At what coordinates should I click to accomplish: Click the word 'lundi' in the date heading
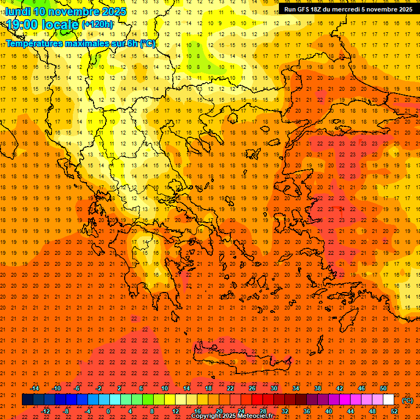tap(18, 11)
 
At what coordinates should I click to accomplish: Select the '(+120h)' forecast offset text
tap(97, 24)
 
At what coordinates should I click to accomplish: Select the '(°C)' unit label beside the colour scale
tap(407, 400)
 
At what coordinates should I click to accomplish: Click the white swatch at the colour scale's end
tap(388, 400)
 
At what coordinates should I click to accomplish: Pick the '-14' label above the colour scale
tap(34, 388)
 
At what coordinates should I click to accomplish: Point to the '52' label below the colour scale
tap(394, 411)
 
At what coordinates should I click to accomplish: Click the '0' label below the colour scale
tap(108, 411)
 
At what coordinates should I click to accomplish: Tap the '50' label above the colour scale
tap(383, 388)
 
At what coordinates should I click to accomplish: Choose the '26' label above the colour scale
tap(252, 388)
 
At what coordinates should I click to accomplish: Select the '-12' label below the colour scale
tap(45, 411)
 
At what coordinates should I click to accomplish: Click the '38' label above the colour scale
tap(318, 388)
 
